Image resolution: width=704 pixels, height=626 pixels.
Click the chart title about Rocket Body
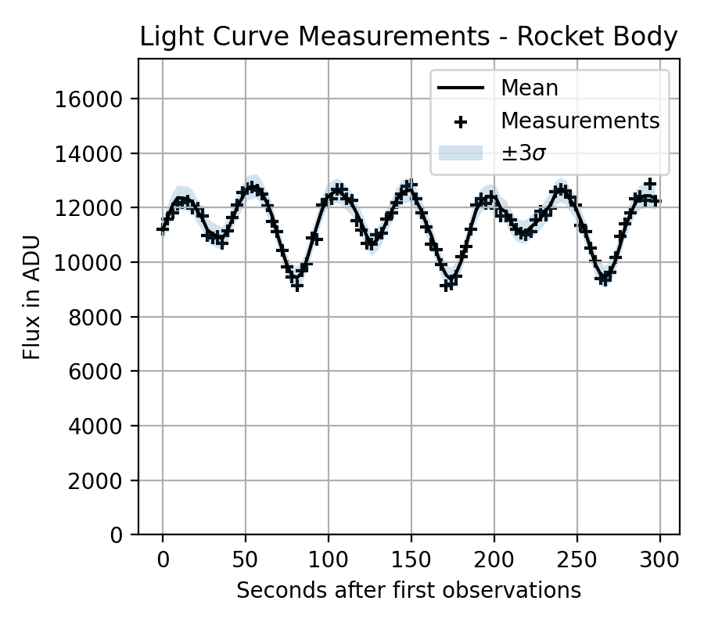(408, 38)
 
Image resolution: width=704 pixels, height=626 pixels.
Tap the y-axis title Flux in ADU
(31, 301)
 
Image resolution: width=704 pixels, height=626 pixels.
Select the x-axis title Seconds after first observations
(408, 590)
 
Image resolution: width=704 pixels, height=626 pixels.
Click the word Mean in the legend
(530, 88)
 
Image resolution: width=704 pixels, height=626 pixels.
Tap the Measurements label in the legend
(580, 121)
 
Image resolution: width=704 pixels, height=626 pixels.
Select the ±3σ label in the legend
(523, 154)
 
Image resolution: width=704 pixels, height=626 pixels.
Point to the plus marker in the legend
(461, 122)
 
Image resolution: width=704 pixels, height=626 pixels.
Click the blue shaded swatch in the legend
(461, 153)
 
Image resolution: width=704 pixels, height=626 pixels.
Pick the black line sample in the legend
(461, 88)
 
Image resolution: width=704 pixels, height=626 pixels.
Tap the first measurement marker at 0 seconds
(163, 229)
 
